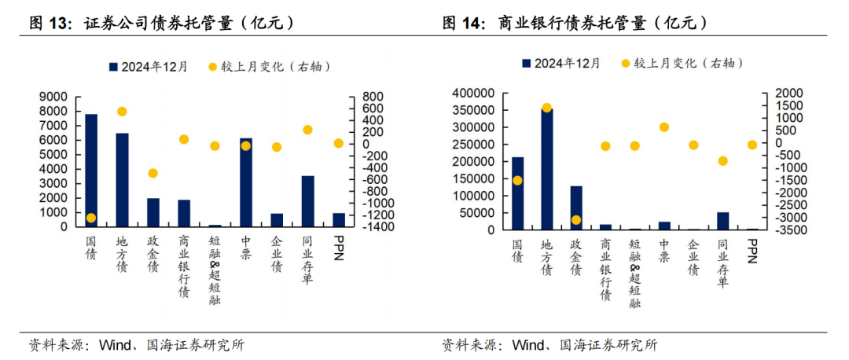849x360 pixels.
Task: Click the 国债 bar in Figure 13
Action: coord(91,170)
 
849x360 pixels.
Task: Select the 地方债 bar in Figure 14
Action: coord(546,169)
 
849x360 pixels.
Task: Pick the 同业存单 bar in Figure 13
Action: coord(307,201)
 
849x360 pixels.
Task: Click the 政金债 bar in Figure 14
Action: coord(576,208)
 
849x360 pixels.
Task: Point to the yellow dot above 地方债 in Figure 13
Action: coord(122,112)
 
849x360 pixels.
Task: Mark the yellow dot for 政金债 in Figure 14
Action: coord(576,220)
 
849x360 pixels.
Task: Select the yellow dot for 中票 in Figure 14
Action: coord(664,127)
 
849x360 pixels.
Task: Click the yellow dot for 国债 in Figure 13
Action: coord(91,218)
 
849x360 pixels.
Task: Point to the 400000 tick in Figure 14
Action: coord(475,93)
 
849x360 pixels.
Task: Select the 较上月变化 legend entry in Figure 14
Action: coord(682,63)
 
